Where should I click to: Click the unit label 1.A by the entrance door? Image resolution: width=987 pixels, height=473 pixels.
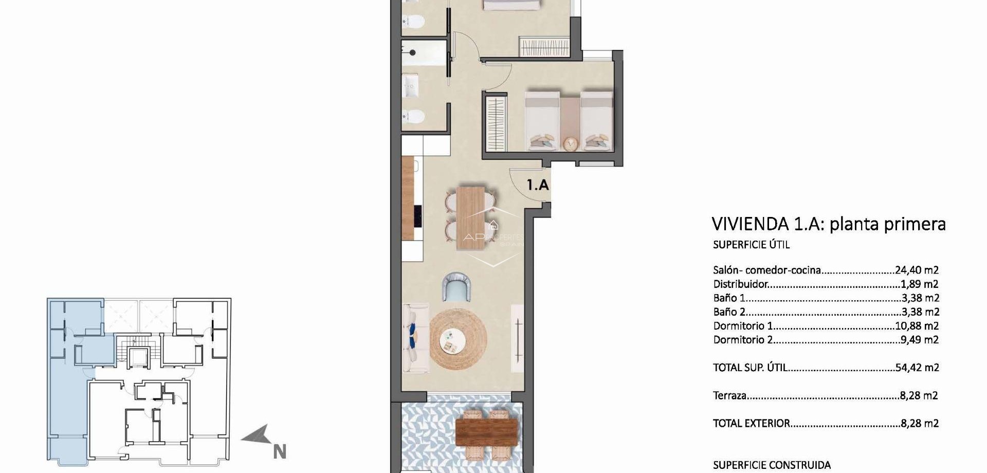coord(538,184)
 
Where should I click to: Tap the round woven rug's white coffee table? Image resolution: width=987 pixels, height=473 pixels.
coord(452,340)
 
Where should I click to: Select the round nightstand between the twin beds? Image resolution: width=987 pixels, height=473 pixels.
coord(570,143)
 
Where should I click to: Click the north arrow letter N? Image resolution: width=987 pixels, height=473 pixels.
coord(279,452)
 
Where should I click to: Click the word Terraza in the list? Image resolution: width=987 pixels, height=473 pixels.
coord(730,395)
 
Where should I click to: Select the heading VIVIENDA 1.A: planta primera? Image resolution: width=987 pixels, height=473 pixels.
coord(828,224)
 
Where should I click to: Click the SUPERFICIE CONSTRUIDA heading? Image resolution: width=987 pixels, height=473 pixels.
coord(772,465)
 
